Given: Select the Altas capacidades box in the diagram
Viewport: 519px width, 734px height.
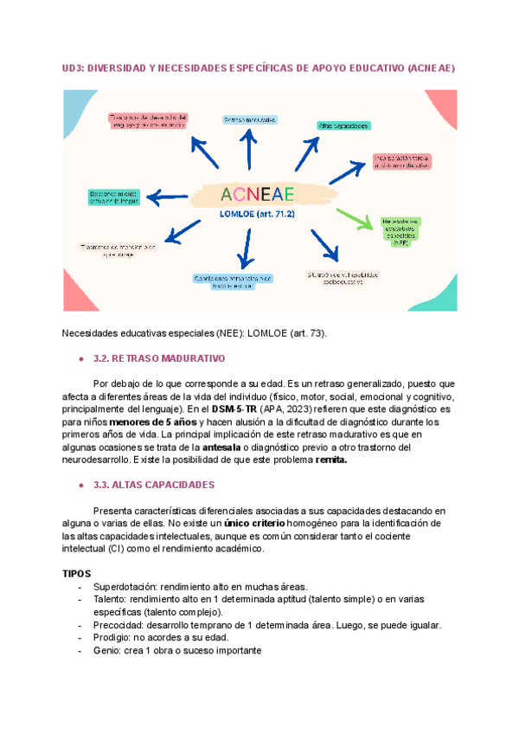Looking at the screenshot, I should point(344,126).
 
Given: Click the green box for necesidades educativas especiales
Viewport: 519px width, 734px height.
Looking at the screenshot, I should point(400,230).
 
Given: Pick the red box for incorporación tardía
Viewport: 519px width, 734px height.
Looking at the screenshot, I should point(401,161).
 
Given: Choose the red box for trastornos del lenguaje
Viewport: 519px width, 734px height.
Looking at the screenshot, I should point(148,121).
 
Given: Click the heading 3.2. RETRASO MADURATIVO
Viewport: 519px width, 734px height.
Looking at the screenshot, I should point(158,357).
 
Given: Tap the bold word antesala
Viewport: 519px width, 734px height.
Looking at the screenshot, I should point(227,447).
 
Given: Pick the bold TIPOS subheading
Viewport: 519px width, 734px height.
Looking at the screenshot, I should point(77,574).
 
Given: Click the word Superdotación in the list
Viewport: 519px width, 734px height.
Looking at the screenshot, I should point(119,587).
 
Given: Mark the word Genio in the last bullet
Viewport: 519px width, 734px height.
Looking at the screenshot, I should point(106,651).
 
